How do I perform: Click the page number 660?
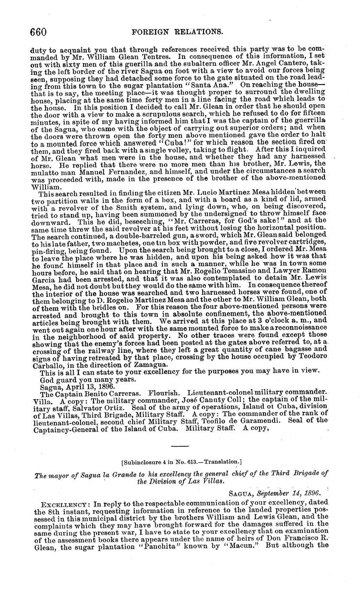point(38,32)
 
